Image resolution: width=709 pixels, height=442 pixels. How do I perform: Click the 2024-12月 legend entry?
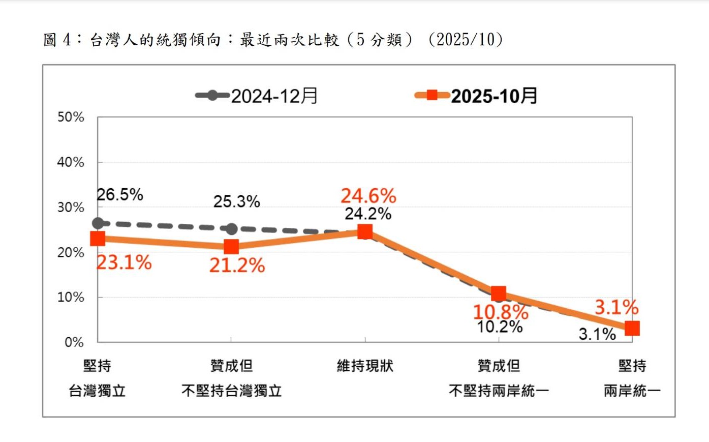coord(257,96)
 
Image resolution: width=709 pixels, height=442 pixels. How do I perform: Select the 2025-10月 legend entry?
coord(476,96)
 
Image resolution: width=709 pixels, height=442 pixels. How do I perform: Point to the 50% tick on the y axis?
coord(71,117)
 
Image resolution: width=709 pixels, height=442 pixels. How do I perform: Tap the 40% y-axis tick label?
coord(71,162)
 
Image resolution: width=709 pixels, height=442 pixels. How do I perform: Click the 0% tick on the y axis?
coord(74,342)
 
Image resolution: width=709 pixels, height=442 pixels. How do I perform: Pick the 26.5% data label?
coord(120,194)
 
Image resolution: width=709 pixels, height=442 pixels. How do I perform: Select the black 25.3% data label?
coord(236,201)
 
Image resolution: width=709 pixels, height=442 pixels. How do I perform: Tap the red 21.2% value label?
coord(237,265)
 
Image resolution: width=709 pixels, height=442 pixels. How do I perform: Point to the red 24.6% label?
coord(368,196)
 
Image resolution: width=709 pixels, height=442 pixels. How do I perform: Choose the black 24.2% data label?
coord(368,214)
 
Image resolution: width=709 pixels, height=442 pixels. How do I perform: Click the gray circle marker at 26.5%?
coord(98,223)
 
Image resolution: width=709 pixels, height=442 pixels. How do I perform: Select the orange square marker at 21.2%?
coord(231,247)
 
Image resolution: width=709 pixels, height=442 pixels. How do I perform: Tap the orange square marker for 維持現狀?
coord(365,232)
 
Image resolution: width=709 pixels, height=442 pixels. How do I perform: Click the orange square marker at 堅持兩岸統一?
coord(632,328)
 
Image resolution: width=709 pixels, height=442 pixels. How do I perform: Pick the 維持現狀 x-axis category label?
coord(365,366)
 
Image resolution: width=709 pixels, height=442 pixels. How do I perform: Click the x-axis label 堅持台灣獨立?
coord(97,378)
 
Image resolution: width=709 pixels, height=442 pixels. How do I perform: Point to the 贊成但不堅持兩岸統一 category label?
coord(499,378)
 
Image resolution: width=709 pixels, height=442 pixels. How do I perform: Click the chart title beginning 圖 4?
coord(273,40)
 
